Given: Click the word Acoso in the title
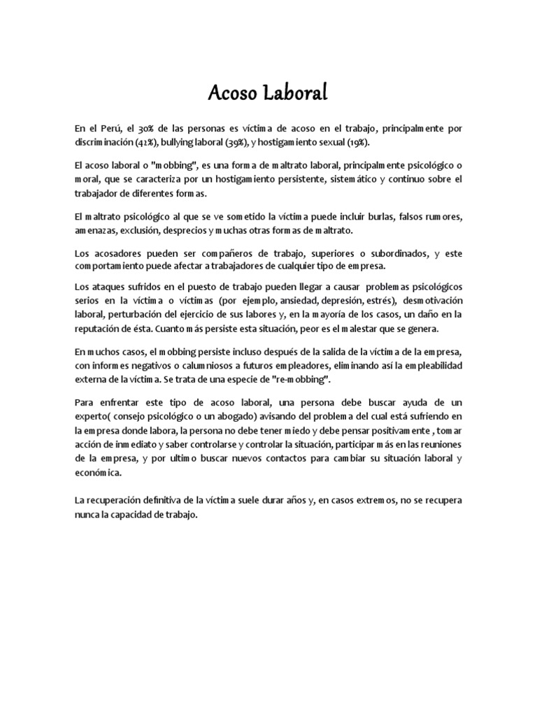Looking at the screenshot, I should pyautogui.click(x=234, y=94).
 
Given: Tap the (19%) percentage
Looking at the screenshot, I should pyautogui.click(x=360, y=142).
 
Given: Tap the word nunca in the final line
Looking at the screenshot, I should pyautogui.click(x=86, y=515).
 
